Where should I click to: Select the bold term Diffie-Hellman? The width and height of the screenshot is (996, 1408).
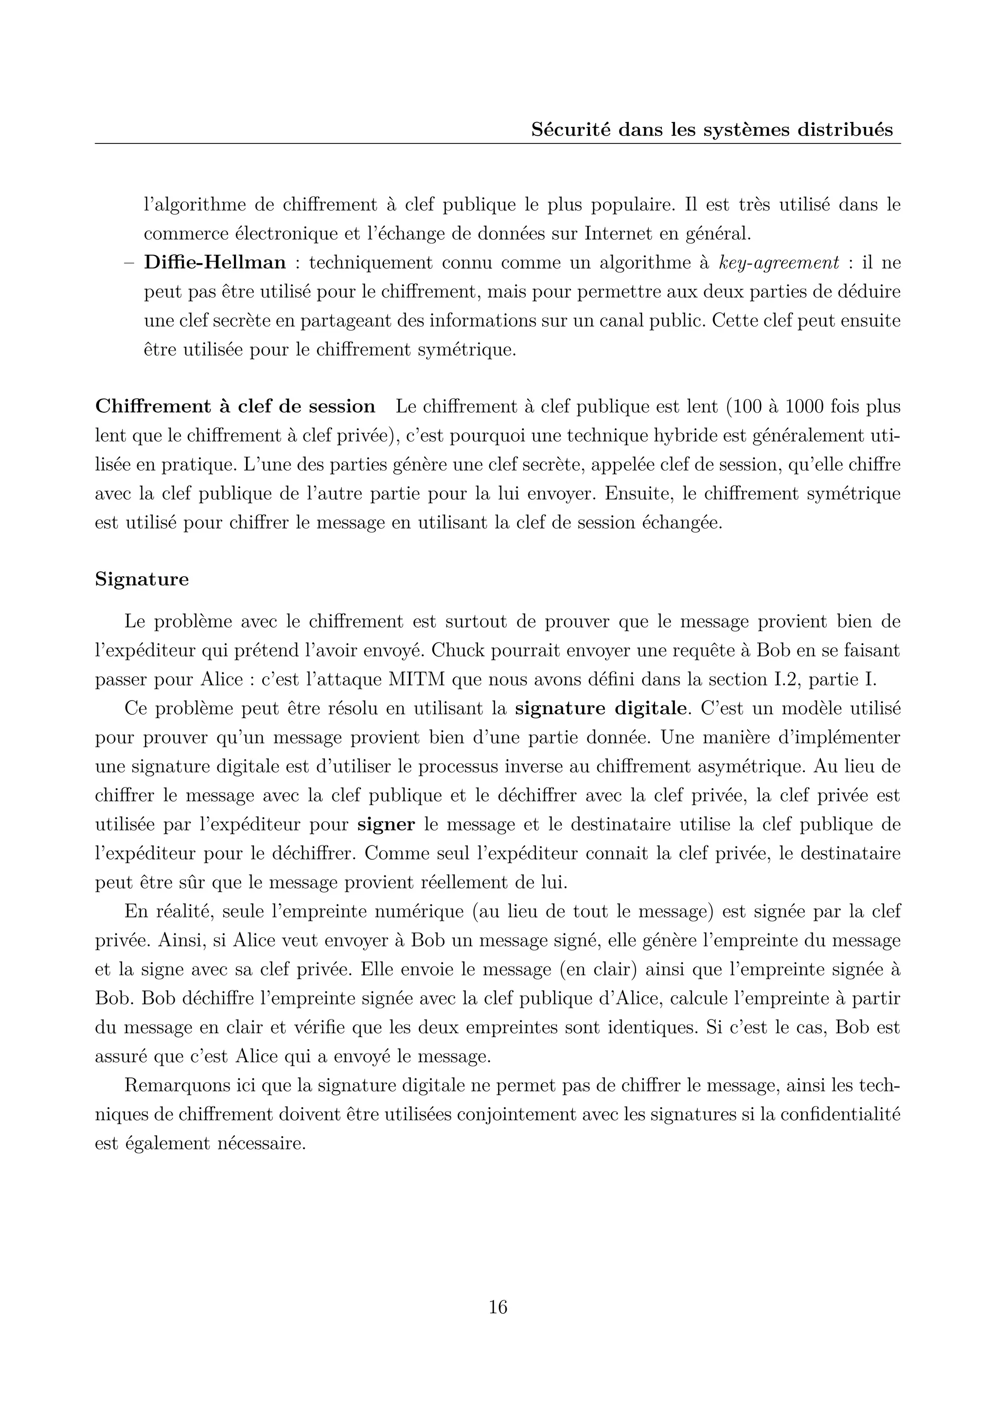tap(214, 263)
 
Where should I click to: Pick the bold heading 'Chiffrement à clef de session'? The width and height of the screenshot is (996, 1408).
tap(235, 406)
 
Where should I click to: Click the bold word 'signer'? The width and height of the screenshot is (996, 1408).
tap(386, 824)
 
